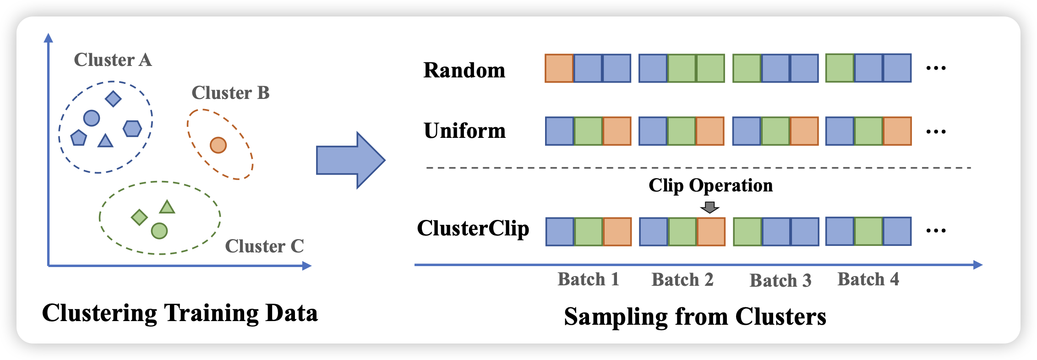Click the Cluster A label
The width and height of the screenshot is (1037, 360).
point(113,60)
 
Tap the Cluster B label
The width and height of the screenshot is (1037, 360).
point(230,93)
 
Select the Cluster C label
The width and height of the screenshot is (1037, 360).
point(264,246)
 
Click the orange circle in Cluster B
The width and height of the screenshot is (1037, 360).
point(218,145)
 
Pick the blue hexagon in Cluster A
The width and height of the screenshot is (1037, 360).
point(132,129)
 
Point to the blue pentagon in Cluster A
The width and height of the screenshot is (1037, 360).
point(79,137)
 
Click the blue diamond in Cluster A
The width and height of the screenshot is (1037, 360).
point(113,98)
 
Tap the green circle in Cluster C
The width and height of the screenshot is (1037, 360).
point(159,231)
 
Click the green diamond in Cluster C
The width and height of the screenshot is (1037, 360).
point(139,217)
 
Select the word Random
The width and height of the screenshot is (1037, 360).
point(464,71)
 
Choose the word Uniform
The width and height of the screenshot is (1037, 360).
point(464,131)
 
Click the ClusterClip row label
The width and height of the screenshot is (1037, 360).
point(473,229)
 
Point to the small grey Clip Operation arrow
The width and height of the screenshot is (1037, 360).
point(710,207)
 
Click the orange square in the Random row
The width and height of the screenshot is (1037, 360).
point(559,68)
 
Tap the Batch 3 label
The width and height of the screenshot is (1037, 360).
point(780,280)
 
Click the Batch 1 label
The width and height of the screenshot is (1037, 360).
point(588,279)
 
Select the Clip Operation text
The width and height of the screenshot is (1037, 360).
point(710,185)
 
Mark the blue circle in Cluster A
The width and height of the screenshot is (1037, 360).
point(92,118)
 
